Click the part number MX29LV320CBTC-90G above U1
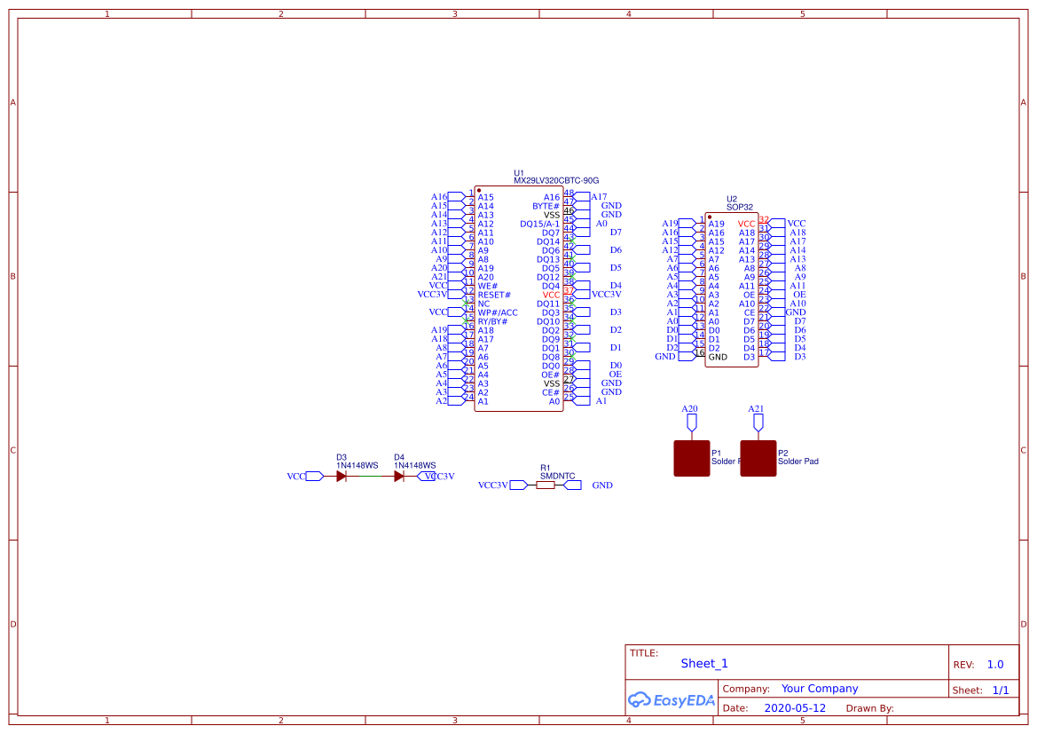pyautogui.click(x=556, y=180)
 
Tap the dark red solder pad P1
pyautogui.click(x=691, y=458)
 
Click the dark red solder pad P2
pyautogui.click(x=758, y=458)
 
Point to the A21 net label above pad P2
pyautogui.click(x=756, y=409)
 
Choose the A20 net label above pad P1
pyautogui.click(x=689, y=409)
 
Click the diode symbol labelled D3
pyautogui.click(x=342, y=477)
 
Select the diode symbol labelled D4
pyautogui.click(x=399, y=477)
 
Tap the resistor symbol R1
pyautogui.click(x=546, y=485)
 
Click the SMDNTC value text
pyautogui.click(x=557, y=476)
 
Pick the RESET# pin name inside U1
pyautogui.click(x=494, y=295)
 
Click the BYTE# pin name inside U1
pyautogui.click(x=546, y=206)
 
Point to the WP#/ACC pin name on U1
pyautogui.click(x=498, y=312)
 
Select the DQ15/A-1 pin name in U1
pyautogui.click(x=540, y=224)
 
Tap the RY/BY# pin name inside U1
pyautogui.click(x=492, y=321)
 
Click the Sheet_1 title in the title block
pyautogui.click(x=704, y=664)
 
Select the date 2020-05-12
pyautogui.click(x=795, y=708)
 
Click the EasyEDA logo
pyautogui.click(x=671, y=700)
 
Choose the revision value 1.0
pyautogui.click(x=995, y=665)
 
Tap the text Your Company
pyautogui.click(x=820, y=689)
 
